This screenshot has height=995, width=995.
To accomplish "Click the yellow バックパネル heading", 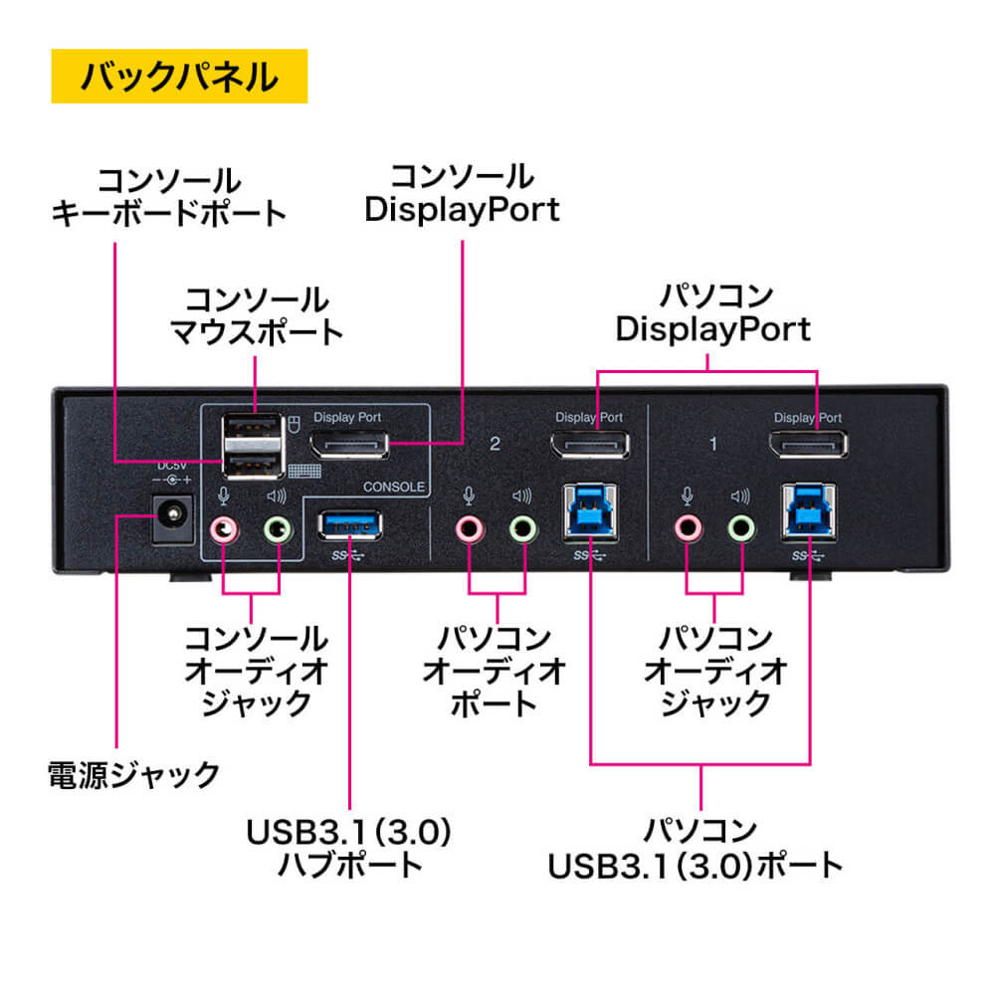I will pyautogui.click(x=179, y=77).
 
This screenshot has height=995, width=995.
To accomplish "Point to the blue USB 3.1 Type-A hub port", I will pyautogui.click(x=349, y=523).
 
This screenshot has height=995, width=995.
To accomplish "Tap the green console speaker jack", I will pyautogui.click(x=279, y=527).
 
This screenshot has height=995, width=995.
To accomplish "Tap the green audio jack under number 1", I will pyautogui.click(x=739, y=527).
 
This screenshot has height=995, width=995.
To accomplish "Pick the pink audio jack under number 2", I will pyautogui.click(x=469, y=527).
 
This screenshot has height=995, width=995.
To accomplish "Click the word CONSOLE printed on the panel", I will pyautogui.click(x=396, y=488).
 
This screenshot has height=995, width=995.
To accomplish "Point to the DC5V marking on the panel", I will pyautogui.click(x=172, y=464).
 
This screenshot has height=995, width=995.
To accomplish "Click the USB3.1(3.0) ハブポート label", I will pyautogui.click(x=349, y=846).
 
